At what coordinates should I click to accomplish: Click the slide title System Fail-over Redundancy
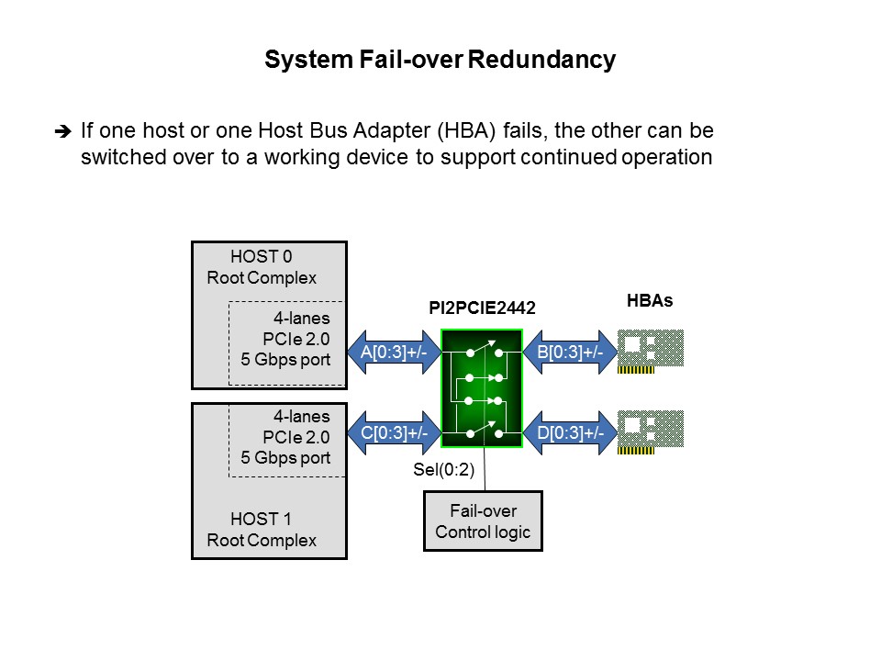[x=440, y=61]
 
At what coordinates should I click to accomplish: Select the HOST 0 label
[x=261, y=258]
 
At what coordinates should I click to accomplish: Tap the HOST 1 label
[x=261, y=520]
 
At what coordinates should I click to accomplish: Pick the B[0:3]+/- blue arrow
[x=569, y=352]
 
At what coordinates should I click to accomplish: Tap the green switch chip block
[x=482, y=389]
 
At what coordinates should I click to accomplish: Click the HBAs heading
[x=650, y=300]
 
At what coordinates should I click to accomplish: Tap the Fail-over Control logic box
[x=483, y=521]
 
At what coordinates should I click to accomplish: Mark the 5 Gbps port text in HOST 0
[x=285, y=360]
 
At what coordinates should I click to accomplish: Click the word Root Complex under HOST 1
[x=261, y=540]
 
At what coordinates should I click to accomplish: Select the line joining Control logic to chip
[x=484, y=470]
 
